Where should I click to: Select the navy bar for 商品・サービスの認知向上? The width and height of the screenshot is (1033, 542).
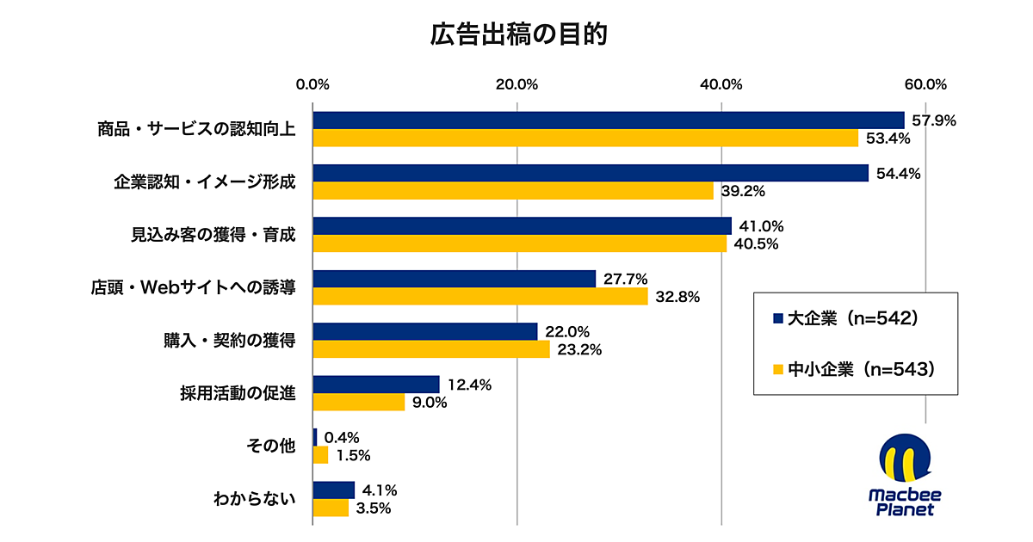coord(608,120)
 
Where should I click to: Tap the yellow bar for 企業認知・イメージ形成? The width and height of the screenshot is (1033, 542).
coord(513,191)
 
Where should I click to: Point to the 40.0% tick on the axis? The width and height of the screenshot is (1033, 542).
coord(721,84)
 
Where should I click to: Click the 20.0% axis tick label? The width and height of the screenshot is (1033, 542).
coord(517,84)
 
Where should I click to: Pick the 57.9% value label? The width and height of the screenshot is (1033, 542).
coord(934,120)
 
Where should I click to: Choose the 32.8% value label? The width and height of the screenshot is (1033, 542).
coord(677,297)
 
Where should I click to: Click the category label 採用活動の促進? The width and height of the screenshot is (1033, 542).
coord(238,394)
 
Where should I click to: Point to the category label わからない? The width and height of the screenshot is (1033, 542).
coord(255,499)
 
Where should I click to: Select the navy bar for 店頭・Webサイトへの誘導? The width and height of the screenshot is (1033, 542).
coord(454,279)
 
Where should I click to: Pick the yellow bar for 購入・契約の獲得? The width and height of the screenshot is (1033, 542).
coord(430,349)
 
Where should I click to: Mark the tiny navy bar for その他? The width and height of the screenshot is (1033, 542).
coord(315,437)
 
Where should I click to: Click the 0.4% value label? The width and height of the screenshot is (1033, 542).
coord(342,438)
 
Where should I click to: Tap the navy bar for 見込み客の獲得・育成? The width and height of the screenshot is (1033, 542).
coord(522,226)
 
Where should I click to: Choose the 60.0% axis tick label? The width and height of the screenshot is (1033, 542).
coord(925,84)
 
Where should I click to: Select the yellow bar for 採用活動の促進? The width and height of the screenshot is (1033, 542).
coord(358,402)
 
